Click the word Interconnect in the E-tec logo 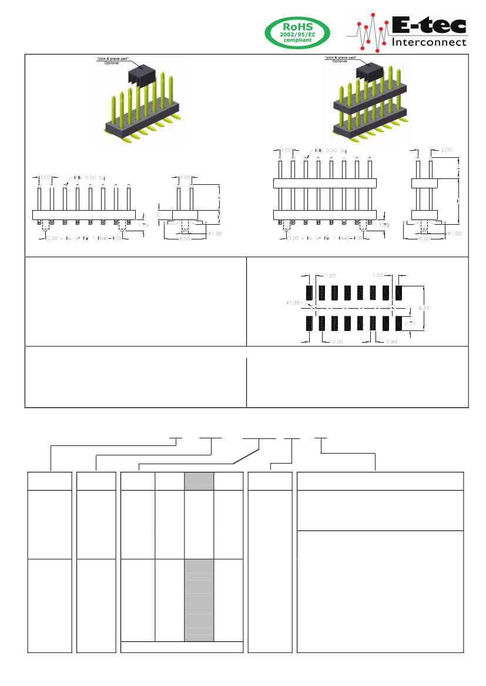click(x=429, y=42)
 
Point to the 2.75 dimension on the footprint click(x=410, y=323)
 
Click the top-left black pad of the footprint click(x=309, y=292)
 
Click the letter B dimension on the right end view click(x=458, y=202)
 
